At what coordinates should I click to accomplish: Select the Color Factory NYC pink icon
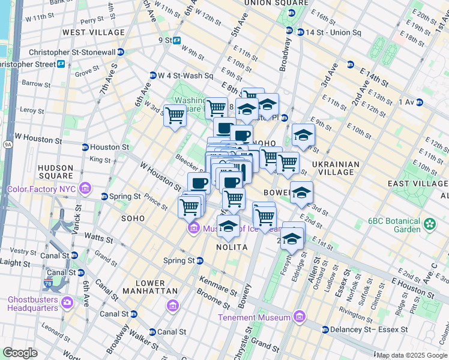click(x=86, y=189)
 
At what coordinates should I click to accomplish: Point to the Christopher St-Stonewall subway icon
click(x=121, y=52)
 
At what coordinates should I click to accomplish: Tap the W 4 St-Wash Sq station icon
click(x=153, y=76)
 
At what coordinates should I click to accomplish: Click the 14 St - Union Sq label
click(x=333, y=32)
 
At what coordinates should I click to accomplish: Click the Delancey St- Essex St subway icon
click(x=325, y=329)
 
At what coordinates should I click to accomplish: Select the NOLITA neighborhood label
click(x=232, y=247)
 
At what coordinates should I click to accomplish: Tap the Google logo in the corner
click(x=20, y=352)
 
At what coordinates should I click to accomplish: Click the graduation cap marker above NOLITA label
click(x=228, y=227)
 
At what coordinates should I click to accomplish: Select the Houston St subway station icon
click(x=85, y=147)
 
